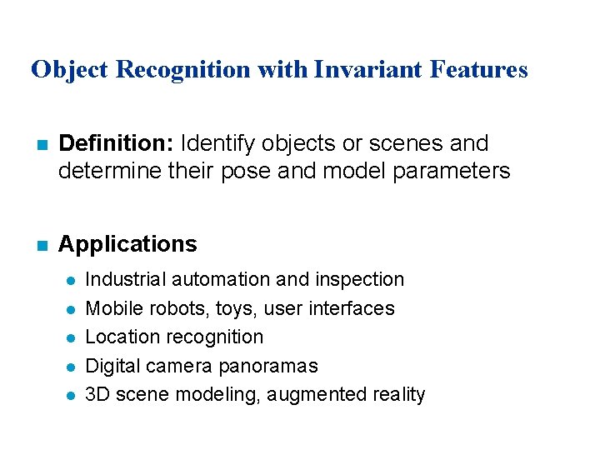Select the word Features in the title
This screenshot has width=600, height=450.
point(479,69)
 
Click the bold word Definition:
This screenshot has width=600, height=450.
point(116,143)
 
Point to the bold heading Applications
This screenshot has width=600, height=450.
point(127,244)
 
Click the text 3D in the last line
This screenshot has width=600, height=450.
point(98,394)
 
